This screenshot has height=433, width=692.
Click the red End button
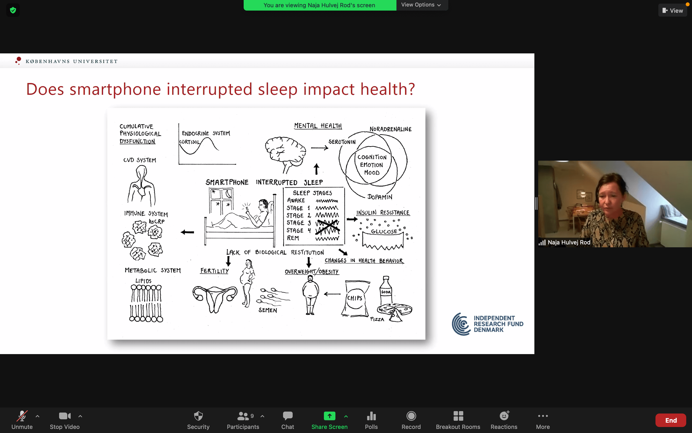click(x=671, y=420)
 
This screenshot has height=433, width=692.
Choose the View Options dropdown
click(x=421, y=5)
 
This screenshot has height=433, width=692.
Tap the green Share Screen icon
click(x=329, y=416)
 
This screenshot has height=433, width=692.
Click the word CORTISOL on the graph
click(x=189, y=142)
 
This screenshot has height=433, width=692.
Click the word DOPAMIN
click(x=380, y=197)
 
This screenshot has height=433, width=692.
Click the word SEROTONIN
click(x=342, y=142)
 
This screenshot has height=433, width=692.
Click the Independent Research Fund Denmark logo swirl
click(x=461, y=324)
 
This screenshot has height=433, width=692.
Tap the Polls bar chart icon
click(x=371, y=416)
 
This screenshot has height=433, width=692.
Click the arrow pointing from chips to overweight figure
click(x=332, y=294)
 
